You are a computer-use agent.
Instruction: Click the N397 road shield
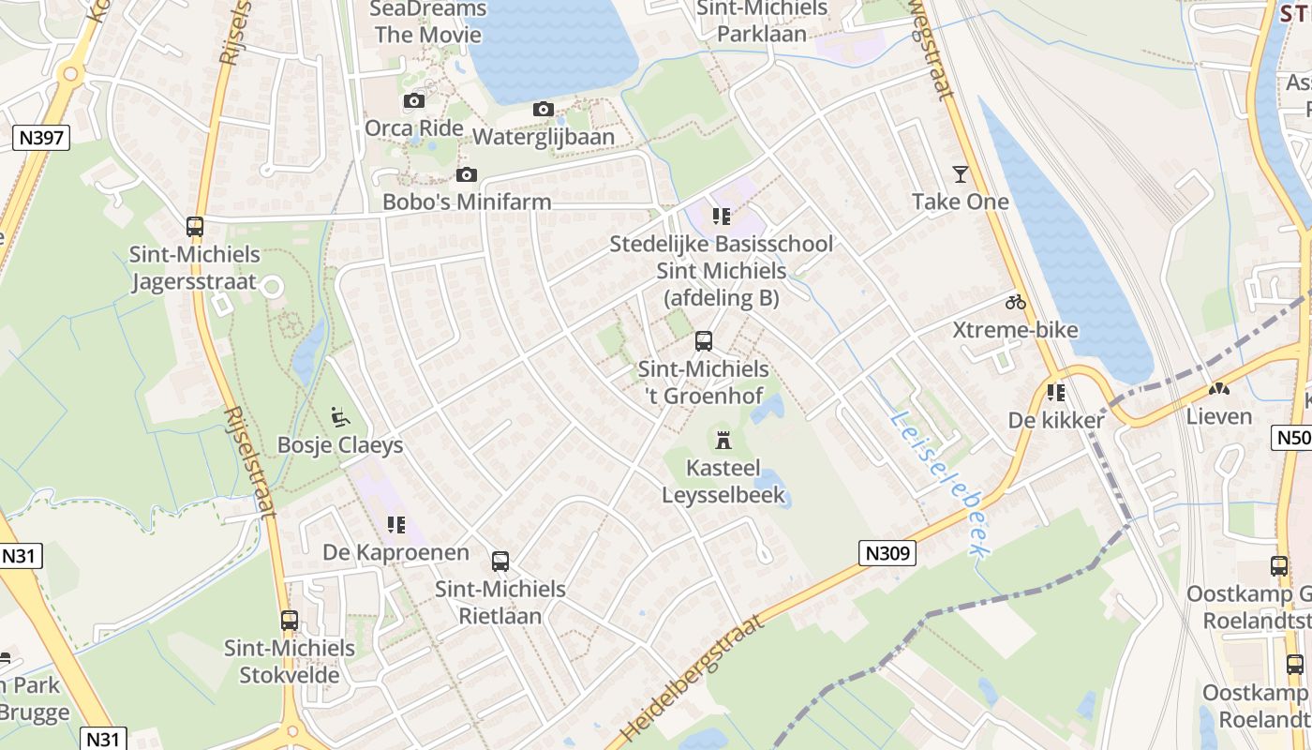(x=41, y=138)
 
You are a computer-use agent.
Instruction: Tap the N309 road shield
(x=887, y=553)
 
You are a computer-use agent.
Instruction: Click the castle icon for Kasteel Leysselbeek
(x=723, y=440)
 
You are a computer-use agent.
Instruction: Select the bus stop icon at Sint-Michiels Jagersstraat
(x=195, y=227)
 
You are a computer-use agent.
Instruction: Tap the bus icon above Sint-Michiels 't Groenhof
(x=704, y=342)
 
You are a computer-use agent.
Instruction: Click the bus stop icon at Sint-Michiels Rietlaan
(x=500, y=562)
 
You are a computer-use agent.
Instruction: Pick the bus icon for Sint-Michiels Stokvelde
(x=290, y=621)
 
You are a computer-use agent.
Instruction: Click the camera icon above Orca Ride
(x=413, y=101)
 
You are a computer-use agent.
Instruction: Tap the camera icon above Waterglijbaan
(x=543, y=110)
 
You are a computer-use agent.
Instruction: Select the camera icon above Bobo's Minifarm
(x=466, y=175)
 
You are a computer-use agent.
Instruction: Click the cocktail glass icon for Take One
(x=961, y=173)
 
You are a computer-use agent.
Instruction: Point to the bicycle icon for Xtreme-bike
(x=1015, y=302)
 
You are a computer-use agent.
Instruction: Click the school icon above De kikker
(x=1056, y=393)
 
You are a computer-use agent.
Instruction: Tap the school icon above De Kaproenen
(x=395, y=525)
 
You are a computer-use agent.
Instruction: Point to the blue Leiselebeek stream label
(x=937, y=483)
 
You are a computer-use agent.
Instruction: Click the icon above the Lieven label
(x=1218, y=388)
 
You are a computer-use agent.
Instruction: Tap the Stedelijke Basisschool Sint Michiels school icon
(x=721, y=217)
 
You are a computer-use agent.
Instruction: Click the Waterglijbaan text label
(x=544, y=137)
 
